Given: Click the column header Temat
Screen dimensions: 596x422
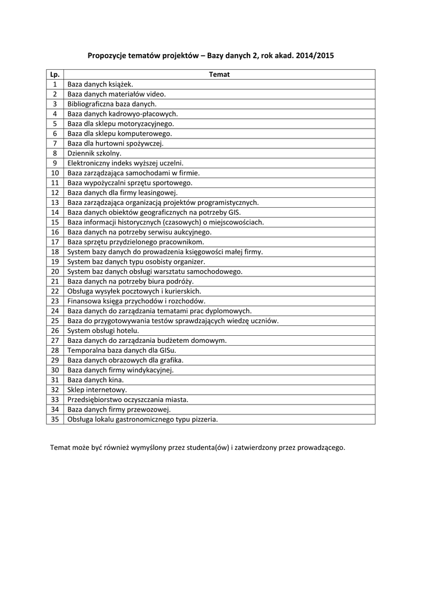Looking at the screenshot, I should click(x=219, y=74).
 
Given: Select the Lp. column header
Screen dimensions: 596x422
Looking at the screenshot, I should click(x=55, y=74).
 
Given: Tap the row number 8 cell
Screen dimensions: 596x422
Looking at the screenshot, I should click(x=55, y=153).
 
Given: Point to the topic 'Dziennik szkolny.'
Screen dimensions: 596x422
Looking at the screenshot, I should click(x=94, y=153).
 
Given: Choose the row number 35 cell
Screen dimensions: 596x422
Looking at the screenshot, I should click(x=55, y=419).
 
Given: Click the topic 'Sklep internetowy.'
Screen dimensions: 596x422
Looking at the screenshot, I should click(x=97, y=389).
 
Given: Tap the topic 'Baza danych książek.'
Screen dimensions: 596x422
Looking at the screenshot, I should click(x=100, y=84).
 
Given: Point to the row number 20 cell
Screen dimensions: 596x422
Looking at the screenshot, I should click(x=55, y=271).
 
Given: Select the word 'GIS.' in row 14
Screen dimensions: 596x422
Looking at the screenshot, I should click(x=234, y=212).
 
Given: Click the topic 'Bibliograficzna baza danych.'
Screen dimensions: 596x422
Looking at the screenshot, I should click(x=112, y=104).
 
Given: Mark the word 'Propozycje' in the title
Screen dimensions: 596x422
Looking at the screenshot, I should click(x=110, y=56).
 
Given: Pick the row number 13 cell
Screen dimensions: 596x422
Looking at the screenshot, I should click(x=55, y=203).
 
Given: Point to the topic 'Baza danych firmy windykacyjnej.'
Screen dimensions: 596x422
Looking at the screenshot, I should click(x=120, y=370).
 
